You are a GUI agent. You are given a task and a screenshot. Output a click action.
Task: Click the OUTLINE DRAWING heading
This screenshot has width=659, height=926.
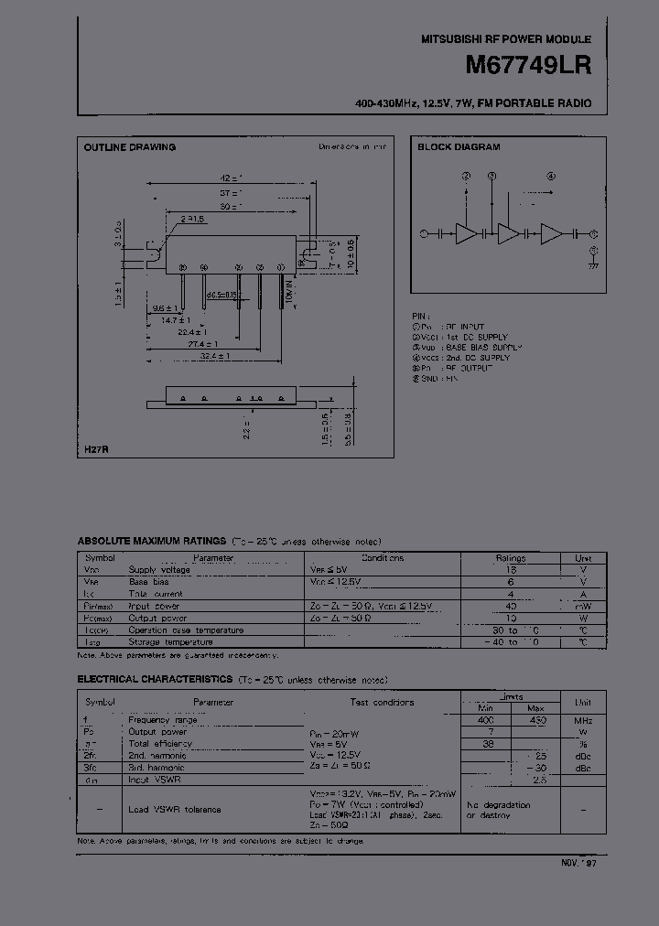130,147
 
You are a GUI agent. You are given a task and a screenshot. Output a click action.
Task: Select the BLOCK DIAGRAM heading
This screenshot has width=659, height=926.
459,147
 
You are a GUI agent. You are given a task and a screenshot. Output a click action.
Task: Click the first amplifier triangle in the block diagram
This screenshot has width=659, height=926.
467,234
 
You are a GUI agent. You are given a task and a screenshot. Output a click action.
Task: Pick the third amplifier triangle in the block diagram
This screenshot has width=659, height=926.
551,234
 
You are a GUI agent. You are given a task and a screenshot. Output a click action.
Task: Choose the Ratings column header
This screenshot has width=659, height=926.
511,557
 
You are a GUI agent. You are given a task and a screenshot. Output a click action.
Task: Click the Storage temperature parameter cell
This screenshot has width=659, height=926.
173,641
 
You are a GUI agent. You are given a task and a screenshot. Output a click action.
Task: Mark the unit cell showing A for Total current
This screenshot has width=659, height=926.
583,593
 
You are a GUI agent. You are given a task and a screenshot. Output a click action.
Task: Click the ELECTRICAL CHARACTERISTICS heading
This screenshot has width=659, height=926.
153,679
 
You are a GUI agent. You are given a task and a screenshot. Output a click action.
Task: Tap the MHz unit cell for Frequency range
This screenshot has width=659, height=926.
583,720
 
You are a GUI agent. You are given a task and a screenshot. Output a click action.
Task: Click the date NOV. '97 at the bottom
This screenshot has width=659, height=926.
578,862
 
